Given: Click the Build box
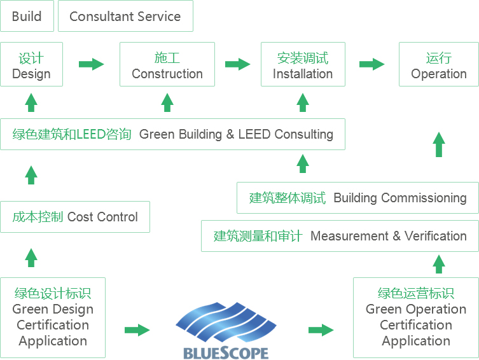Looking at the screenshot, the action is [x=27, y=16].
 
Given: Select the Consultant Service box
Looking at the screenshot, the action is [x=125, y=16].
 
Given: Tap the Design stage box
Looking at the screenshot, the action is [x=31, y=64].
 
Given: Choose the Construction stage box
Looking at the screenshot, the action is [x=167, y=64].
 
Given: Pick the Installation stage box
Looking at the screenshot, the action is [x=303, y=64].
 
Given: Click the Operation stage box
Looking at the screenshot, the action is [x=439, y=64].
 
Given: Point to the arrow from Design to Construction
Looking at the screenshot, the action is [x=92, y=64].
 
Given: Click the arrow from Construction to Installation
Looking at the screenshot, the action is [x=238, y=64].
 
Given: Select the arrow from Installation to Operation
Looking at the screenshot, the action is [x=371, y=64].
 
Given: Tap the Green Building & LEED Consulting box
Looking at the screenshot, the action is [x=172, y=134].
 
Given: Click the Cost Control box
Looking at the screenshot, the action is [x=75, y=217].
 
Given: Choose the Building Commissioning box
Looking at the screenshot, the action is [x=358, y=198].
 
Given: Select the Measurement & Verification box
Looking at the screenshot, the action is [x=340, y=236].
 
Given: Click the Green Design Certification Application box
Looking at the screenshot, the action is [x=53, y=317].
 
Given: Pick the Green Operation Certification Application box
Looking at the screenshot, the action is [x=416, y=317].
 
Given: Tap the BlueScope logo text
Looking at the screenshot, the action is [x=226, y=353].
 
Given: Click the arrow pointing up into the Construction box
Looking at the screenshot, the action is [x=167, y=102].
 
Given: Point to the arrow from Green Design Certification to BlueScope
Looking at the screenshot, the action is [x=137, y=330].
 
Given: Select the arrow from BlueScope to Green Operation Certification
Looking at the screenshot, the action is [x=321, y=330].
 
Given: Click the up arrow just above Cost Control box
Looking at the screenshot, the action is [x=31, y=175].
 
